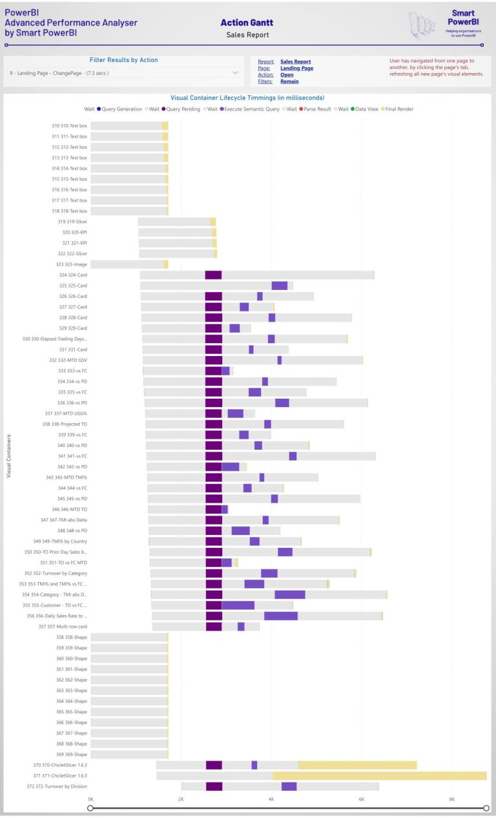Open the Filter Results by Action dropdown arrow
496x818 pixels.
click(x=234, y=74)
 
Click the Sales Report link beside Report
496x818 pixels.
click(x=295, y=62)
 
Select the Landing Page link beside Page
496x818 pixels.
click(x=296, y=68)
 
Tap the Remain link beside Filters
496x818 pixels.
click(x=289, y=82)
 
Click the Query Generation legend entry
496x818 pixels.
click(x=119, y=109)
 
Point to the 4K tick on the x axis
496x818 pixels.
click(x=271, y=799)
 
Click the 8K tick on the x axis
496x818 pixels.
click(x=451, y=799)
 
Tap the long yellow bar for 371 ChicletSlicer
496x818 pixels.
click(x=379, y=775)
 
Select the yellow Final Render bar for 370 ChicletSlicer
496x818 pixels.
click(x=357, y=765)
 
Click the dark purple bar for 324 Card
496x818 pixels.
click(x=213, y=275)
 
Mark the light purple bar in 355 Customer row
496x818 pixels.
click(x=238, y=605)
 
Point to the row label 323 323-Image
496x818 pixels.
click(x=70, y=264)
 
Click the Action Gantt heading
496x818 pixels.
click(x=247, y=23)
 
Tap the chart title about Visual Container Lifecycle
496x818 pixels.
click(x=247, y=98)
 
